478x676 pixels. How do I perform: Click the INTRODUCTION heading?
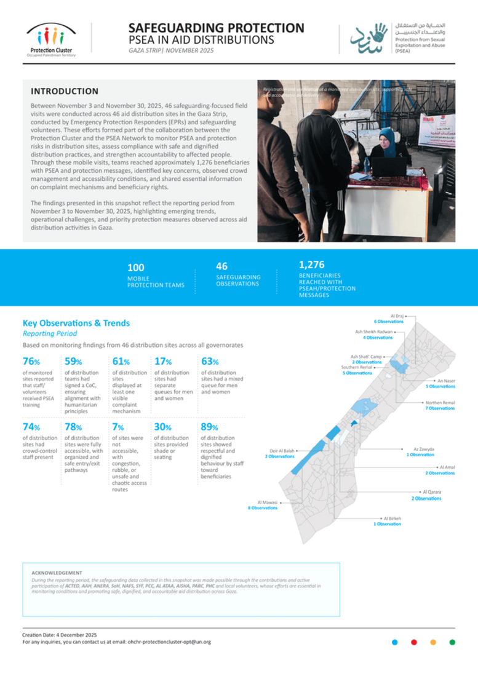click(x=65, y=91)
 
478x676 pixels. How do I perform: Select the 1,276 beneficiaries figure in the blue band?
click(x=311, y=264)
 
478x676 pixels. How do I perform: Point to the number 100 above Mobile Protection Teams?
click(x=135, y=268)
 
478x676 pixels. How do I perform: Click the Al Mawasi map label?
click(x=267, y=502)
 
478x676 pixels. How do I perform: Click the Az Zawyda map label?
click(x=422, y=450)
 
